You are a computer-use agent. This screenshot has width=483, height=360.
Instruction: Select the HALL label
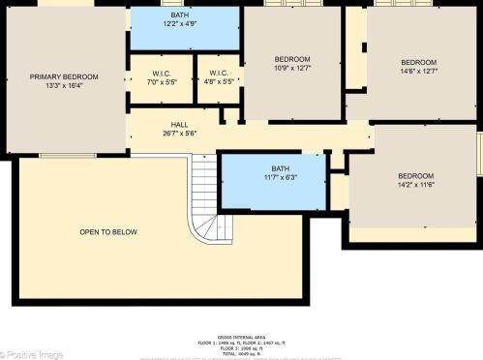[180, 125]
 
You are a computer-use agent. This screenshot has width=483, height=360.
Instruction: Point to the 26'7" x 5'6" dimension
[180, 134]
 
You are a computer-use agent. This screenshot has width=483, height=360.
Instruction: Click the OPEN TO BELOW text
[108, 232]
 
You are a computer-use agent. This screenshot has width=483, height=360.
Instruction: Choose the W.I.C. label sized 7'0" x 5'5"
[163, 74]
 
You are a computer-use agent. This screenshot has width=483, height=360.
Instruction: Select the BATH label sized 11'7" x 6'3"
[280, 168]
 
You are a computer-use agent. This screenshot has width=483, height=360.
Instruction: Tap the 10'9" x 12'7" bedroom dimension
[291, 68]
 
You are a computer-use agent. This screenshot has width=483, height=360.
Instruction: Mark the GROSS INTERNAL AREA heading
[242, 339]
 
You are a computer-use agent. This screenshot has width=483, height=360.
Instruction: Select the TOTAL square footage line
[242, 353]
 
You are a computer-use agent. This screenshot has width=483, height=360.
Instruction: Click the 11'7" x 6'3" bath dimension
[280, 177]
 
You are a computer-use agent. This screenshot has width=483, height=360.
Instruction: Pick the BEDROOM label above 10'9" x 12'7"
[291, 59]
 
